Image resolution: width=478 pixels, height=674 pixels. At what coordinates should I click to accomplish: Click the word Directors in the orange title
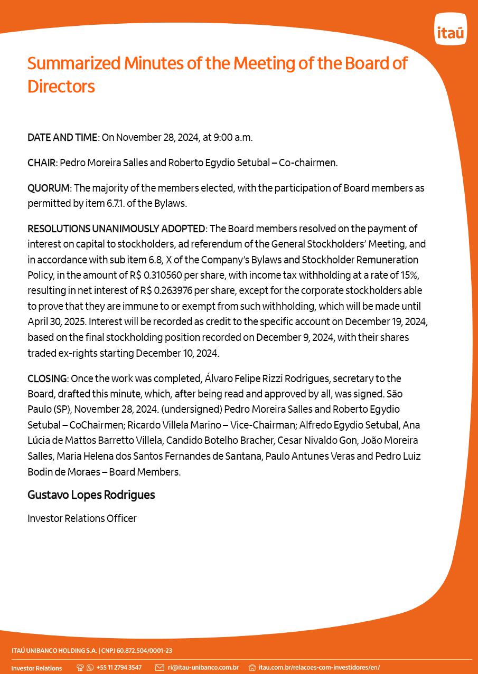pyautogui.click(x=61, y=86)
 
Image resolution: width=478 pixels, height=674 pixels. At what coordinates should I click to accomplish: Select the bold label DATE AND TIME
pyautogui.click(x=62, y=137)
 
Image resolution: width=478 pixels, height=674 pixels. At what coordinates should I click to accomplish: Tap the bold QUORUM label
pyautogui.click(x=48, y=188)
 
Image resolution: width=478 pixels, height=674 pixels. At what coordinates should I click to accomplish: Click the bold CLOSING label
pyautogui.click(x=47, y=378)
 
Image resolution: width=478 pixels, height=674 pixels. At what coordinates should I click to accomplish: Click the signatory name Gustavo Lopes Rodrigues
pyautogui.click(x=91, y=495)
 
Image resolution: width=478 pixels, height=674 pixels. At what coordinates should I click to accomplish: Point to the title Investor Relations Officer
pyautogui.click(x=82, y=518)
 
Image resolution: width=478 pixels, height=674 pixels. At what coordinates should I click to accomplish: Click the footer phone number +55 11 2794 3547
pyautogui.click(x=119, y=668)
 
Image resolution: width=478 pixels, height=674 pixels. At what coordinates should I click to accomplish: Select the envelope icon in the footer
pyautogui.click(x=160, y=668)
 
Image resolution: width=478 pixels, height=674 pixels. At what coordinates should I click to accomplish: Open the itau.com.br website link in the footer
pyautogui.click(x=318, y=668)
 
